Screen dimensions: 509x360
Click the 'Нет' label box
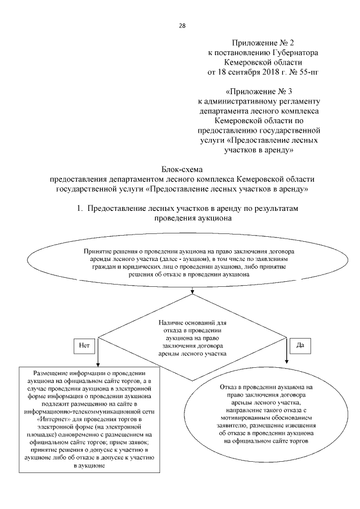coord(83,345)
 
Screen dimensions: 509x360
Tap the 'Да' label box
coord(300,345)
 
